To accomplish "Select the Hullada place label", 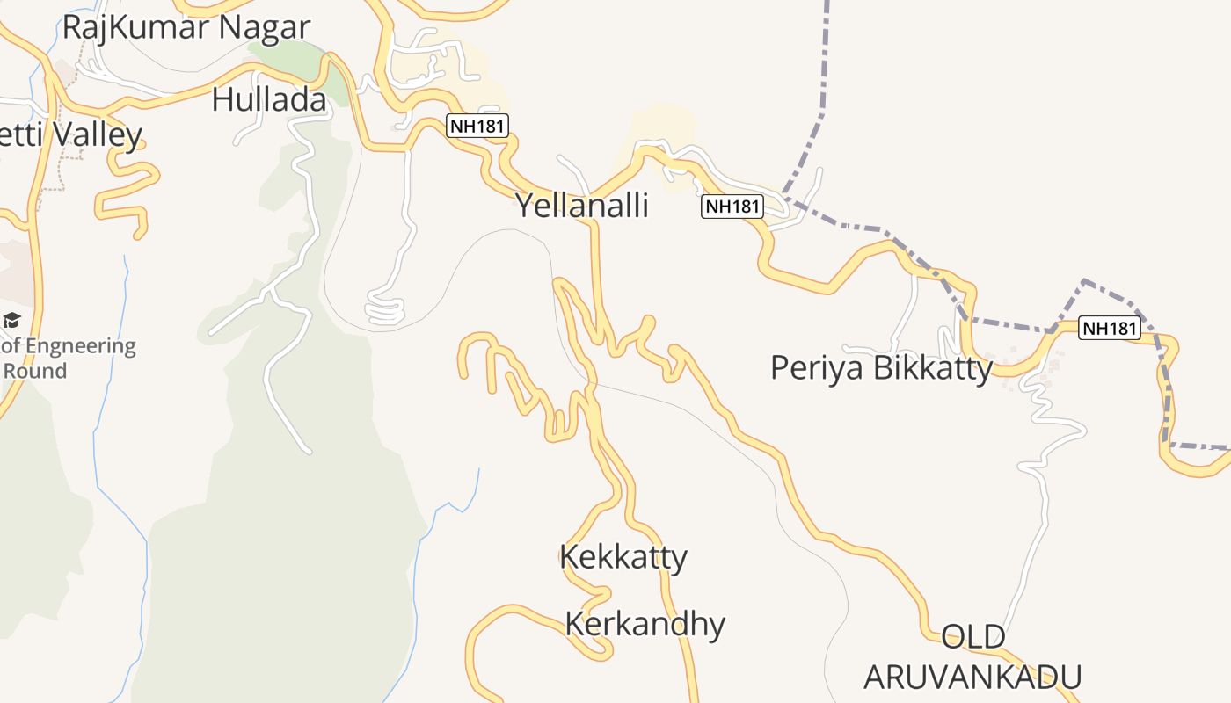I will [269, 100].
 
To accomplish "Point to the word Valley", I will [97, 135].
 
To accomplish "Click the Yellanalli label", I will [581, 206].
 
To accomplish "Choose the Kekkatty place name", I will [623, 557].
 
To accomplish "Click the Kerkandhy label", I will [645, 624].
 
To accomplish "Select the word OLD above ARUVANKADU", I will [973, 636].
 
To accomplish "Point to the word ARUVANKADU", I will [972, 677].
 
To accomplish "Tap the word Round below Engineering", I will [35, 370].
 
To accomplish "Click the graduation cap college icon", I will [11, 320].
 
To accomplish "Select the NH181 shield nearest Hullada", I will [477, 126].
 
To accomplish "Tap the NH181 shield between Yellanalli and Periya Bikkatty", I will [732, 207].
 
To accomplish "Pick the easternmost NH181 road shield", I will [1110, 328].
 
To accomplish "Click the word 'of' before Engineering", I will [11, 345].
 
